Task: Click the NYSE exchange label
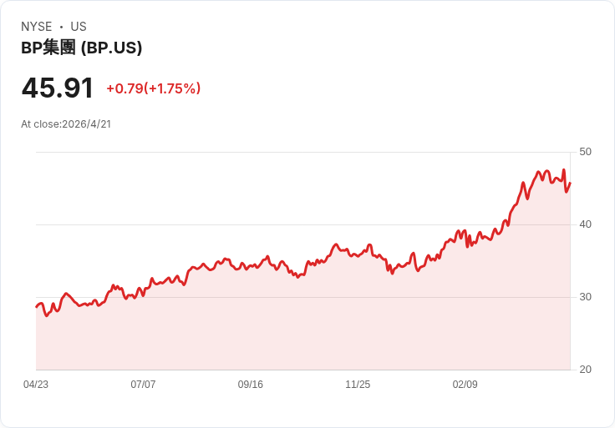point(37,27)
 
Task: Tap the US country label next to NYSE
point(79,27)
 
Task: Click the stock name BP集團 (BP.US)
point(82,48)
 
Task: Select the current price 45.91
point(58,88)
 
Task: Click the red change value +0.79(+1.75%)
point(154,88)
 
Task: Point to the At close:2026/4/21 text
point(66,124)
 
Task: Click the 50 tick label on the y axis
point(586,152)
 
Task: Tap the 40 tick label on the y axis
point(586,224)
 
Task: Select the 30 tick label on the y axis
point(586,297)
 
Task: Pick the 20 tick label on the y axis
point(586,370)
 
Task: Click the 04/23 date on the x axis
point(36,385)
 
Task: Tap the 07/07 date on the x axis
point(143,385)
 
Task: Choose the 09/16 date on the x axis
point(251,385)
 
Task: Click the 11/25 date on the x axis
point(358,385)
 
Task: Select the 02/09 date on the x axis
point(465,385)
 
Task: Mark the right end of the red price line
point(570,184)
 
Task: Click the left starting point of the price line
point(37,307)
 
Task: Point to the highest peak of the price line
point(564,170)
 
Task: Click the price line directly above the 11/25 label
point(358,254)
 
